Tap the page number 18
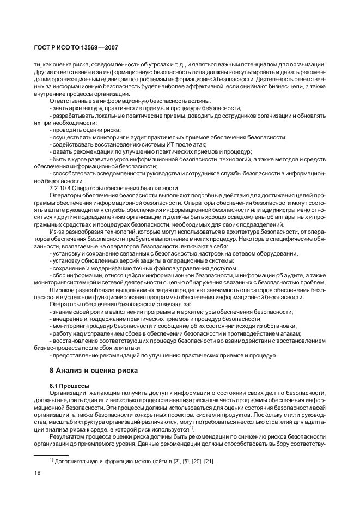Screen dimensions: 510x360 37,473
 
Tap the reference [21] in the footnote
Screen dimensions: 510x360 208,462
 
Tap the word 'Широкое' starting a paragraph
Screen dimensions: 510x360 62,290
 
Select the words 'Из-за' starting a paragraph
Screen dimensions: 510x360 57,231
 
